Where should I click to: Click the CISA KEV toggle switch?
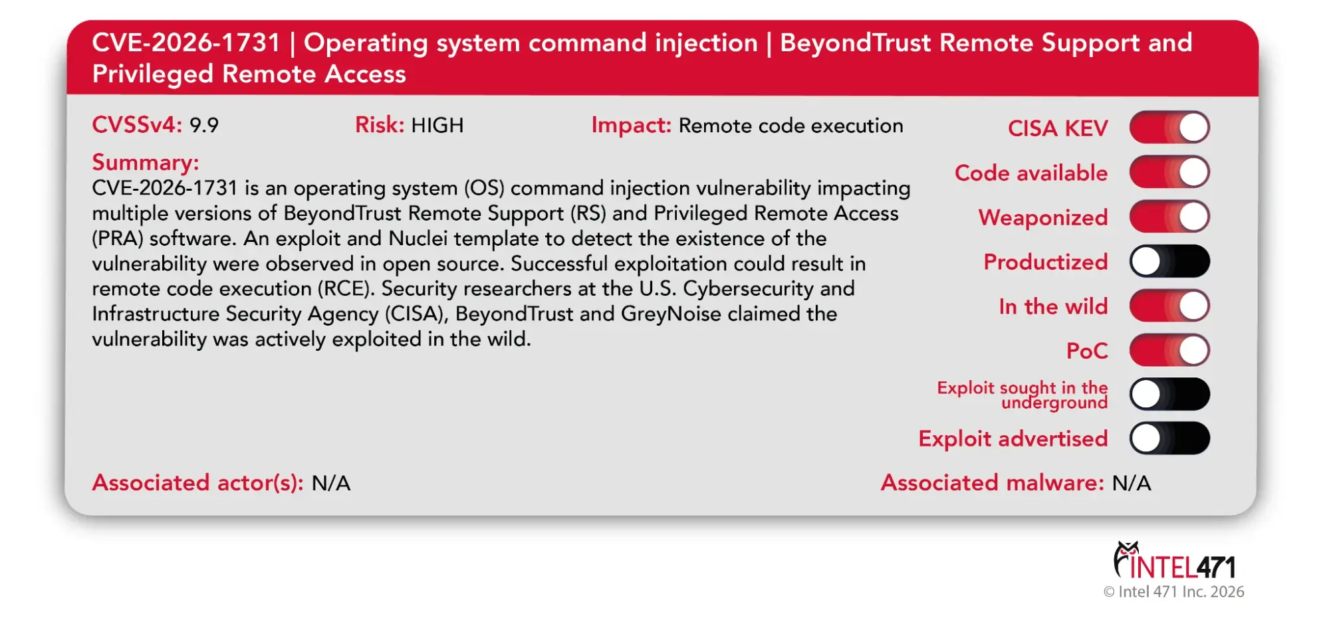[x=1169, y=128]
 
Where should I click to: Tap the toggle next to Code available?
[x=1169, y=172]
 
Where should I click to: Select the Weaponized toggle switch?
[x=1169, y=217]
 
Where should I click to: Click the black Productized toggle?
[x=1169, y=261]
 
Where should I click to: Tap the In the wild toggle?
[x=1169, y=306]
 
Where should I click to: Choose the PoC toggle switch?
[x=1169, y=350]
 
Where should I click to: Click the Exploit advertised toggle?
[x=1169, y=439]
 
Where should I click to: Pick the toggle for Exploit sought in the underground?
[x=1169, y=394]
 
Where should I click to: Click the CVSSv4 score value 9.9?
[x=203, y=126]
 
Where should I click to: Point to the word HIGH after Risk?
[x=437, y=126]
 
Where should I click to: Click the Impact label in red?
[x=631, y=126]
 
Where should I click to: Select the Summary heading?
[x=145, y=163]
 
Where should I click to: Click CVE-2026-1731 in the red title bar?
[x=186, y=43]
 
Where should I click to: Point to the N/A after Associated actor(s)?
[x=330, y=483]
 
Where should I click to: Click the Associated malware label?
[x=992, y=483]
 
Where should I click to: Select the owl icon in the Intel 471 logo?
[x=1126, y=557]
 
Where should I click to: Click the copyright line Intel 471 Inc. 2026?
[x=1173, y=591]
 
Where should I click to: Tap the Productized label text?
[x=1045, y=262]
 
